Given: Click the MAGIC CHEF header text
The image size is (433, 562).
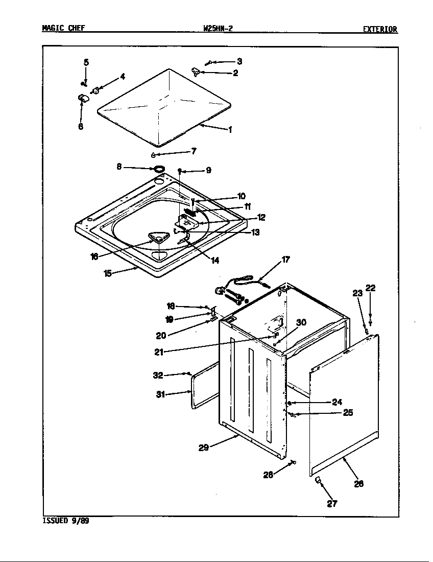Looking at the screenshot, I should (63, 29).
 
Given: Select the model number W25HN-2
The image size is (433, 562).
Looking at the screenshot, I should (218, 29).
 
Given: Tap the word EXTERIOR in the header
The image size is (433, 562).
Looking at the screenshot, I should (380, 30).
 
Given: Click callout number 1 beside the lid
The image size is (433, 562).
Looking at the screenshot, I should (230, 130).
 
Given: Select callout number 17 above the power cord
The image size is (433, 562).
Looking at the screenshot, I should (285, 260).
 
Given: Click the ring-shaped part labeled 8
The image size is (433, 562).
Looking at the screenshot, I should (159, 169).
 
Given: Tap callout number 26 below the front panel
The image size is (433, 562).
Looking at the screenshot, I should (358, 483).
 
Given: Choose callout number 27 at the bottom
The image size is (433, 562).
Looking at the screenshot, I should (332, 504).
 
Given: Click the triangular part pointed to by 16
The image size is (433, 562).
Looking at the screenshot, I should (158, 237).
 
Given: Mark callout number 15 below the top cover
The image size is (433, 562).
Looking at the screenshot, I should (108, 273).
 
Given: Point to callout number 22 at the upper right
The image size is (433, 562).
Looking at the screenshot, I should (371, 288).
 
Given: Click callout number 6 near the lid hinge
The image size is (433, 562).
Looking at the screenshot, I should (81, 127).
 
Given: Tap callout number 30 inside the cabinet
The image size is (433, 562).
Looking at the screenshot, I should (301, 322).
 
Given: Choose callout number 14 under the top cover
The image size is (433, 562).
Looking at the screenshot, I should (215, 261).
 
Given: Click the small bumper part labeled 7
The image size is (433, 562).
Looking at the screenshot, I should (153, 155).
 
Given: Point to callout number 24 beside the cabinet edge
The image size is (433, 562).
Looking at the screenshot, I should (336, 402).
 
